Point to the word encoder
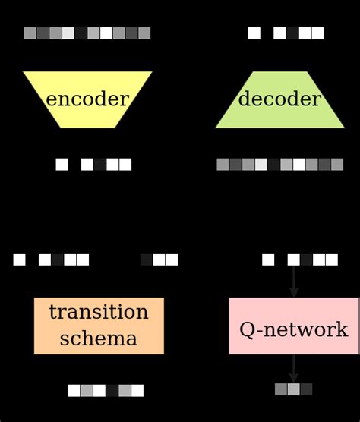pos(87,99)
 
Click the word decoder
pos(279,99)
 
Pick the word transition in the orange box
pos(99,313)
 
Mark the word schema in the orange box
pos(99,339)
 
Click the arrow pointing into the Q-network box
pos(294,282)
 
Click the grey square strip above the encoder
pos(87,33)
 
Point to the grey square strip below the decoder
pos(279,164)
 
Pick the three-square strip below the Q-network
pos(294,389)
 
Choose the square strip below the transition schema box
pos(105,390)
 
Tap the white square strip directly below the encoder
pos(93,164)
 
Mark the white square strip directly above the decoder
pos(286,33)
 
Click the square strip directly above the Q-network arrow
pos(300,260)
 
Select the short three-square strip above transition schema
pos(159,260)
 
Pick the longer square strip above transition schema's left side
pos(51,260)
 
